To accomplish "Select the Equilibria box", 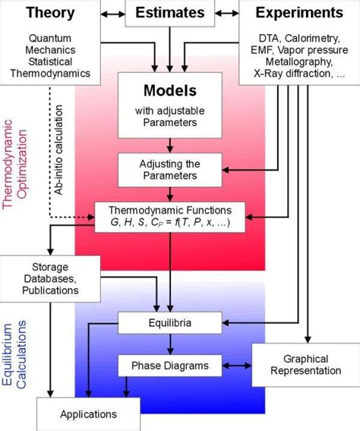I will point(165,323).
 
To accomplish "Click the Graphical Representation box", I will point(301,365).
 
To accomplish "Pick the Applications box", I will point(88,414).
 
